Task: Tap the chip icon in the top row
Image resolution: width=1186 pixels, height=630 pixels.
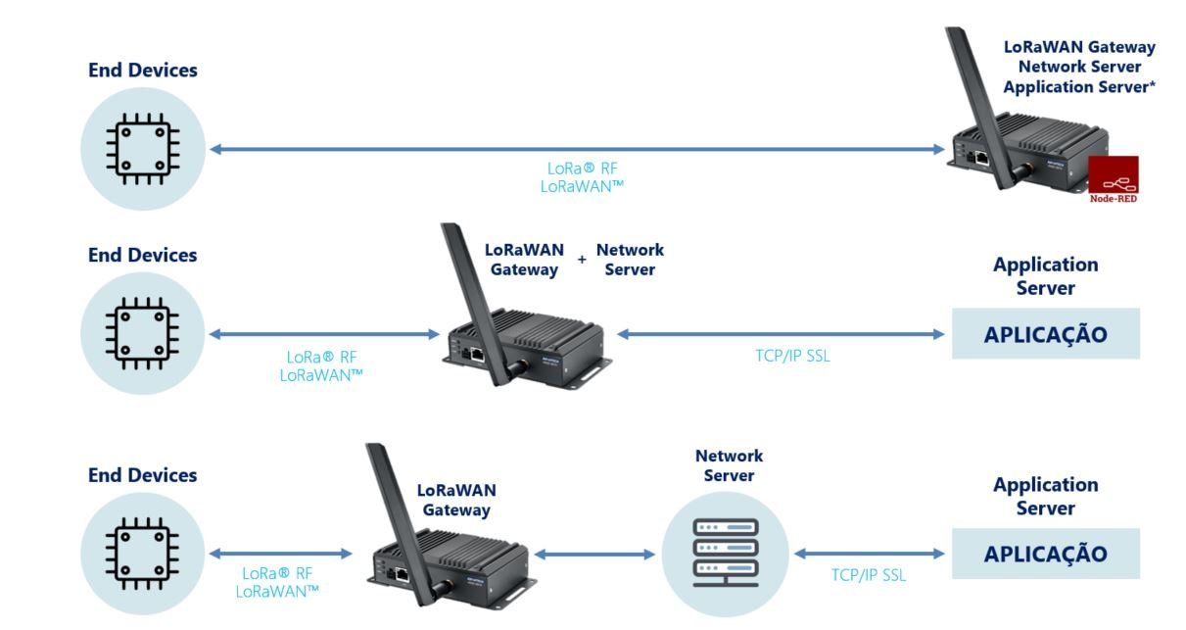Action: point(143,149)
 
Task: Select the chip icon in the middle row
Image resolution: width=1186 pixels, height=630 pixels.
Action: point(142,333)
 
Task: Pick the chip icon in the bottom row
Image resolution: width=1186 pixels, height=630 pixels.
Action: point(142,554)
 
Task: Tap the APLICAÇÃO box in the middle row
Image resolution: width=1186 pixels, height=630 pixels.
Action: point(1046,334)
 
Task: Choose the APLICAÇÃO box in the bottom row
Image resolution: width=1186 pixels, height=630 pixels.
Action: point(1046,554)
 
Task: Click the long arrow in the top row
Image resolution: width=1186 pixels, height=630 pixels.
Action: point(577,149)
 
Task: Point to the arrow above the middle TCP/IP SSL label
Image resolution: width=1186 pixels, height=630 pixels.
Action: point(781,334)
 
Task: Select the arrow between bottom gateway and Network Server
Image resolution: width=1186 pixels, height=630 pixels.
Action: point(594,555)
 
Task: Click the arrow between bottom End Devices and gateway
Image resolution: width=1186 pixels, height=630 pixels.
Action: point(281,554)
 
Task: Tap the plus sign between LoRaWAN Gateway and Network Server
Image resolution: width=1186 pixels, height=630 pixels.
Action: point(582,259)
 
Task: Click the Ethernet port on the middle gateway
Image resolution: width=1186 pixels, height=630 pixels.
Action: point(477,354)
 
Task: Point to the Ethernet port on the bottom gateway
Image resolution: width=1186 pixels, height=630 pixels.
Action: point(402,574)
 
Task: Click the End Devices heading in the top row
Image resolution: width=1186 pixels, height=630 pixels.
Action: point(142,70)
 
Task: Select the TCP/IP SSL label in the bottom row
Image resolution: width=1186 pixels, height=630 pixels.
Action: point(869,575)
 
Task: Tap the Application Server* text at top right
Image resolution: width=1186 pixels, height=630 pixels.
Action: point(1079,86)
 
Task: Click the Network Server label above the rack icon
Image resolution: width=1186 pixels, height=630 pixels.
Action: point(729,465)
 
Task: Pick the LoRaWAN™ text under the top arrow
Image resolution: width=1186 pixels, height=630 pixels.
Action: point(582,186)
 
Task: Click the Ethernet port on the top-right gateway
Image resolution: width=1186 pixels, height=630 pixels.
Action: point(982,158)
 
